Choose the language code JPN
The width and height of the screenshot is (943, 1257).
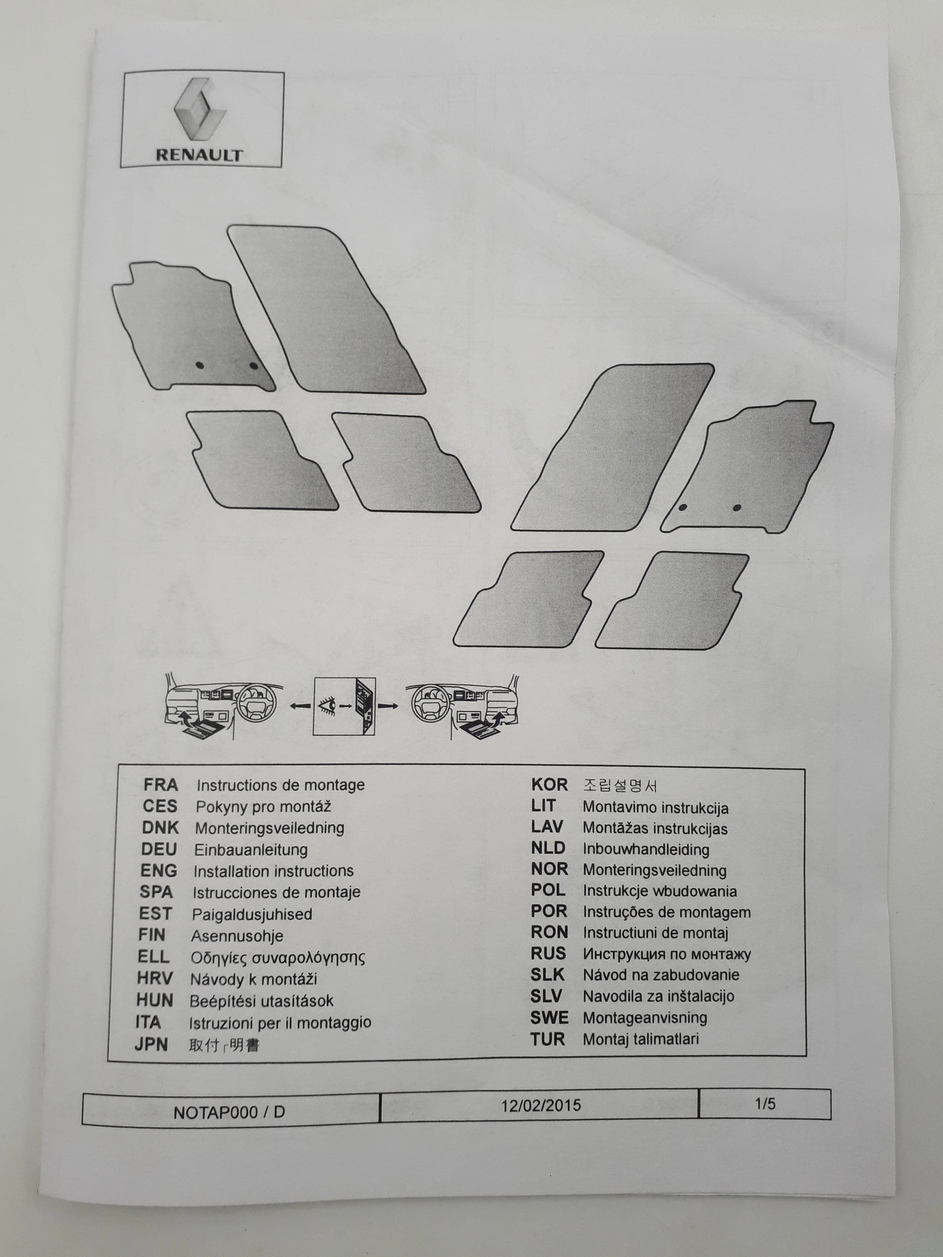[x=151, y=1044]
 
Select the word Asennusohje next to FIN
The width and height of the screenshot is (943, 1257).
[x=237, y=936]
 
